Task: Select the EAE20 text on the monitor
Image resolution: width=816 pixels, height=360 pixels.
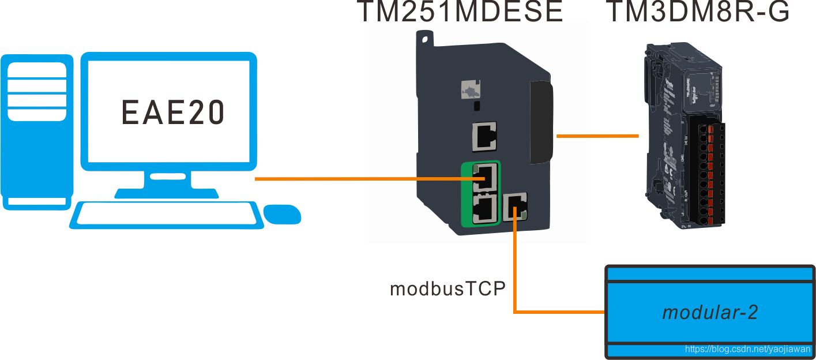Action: coord(172,112)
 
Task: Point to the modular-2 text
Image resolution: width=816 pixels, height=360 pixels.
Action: coord(709,312)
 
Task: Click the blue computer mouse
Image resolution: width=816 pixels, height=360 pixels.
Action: coord(282,213)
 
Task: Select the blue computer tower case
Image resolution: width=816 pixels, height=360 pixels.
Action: coord(36,130)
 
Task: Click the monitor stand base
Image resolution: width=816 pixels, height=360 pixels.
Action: coord(167,192)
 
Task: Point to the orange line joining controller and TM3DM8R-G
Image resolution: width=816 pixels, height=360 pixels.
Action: coord(597,136)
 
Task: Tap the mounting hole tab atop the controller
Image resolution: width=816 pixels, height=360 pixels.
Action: coord(425,39)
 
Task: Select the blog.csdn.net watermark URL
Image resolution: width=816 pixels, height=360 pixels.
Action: coord(747,349)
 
